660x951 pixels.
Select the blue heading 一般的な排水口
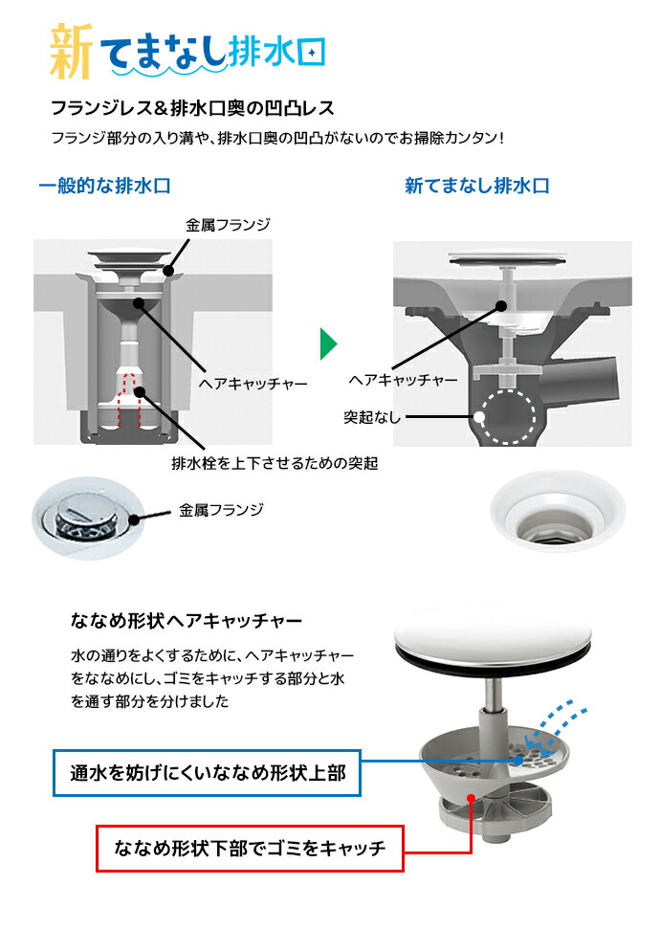[x=104, y=186]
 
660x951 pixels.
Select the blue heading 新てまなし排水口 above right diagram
[x=476, y=186]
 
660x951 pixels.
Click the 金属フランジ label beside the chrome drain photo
[x=221, y=510]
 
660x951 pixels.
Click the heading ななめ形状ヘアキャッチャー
[x=186, y=620]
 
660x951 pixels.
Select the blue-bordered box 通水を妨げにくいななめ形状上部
[x=207, y=771]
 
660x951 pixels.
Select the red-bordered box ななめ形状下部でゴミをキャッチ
[x=250, y=847]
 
